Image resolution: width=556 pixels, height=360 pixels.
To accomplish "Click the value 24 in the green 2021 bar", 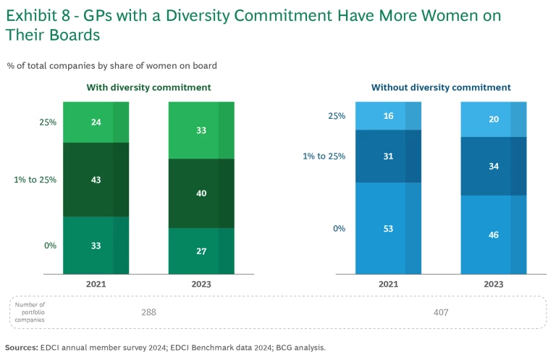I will (x=96, y=122).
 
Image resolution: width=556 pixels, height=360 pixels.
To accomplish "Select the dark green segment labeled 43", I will (x=96, y=180).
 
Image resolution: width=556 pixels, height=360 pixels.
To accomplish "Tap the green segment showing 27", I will (x=201, y=251).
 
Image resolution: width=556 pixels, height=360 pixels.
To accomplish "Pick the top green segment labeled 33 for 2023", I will (x=201, y=130).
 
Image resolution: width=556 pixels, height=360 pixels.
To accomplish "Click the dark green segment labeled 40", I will (x=201, y=193).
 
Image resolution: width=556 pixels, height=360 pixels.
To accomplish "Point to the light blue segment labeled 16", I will (x=388, y=116).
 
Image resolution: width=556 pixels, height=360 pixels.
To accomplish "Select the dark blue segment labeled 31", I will (x=388, y=156).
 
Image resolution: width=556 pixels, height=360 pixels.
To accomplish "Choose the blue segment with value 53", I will (x=388, y=228).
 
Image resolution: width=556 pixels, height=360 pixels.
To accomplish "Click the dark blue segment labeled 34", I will (x=494, y=166).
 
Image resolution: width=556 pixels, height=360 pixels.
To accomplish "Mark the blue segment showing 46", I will (x=494, y=235).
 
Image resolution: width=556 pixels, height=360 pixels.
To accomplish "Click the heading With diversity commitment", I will (x=149, y=88).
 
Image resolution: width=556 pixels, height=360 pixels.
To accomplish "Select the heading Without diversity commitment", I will (x=441, y=88).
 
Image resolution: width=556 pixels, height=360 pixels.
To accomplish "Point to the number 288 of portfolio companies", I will (x=148, y=312).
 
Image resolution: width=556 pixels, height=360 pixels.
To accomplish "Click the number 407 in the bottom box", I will (x=441, y=312).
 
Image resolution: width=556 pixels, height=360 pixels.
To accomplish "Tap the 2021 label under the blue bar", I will (x=388, y=285).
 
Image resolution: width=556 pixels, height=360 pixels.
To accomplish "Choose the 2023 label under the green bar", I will (x=201, y=285).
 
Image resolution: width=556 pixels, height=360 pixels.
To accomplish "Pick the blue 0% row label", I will (x=339, y=228).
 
